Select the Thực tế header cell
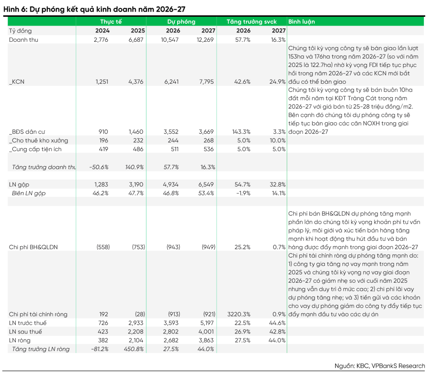point(110,22)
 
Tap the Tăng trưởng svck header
point(251,22)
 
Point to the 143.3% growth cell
point(241,132)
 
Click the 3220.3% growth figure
point(239,314)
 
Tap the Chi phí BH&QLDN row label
point(33,247)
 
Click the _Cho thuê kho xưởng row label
point(39,140)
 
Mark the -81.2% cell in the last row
point(99,349)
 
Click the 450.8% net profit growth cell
point(134,349)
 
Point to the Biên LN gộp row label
point(29,193)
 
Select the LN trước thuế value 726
point(102,323)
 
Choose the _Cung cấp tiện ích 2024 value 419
point(102,149)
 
